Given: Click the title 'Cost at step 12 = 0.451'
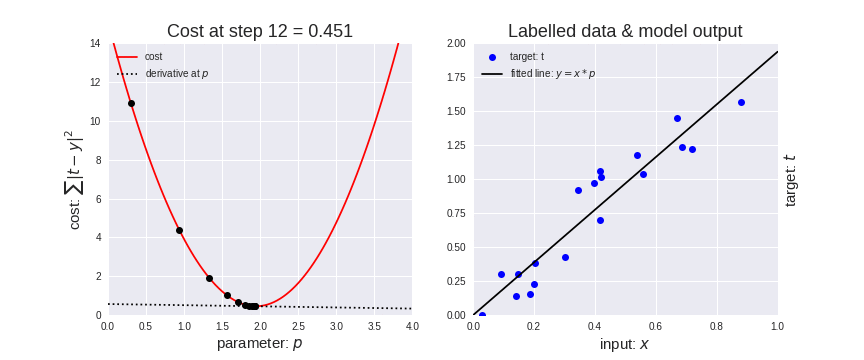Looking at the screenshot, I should click(259, 31).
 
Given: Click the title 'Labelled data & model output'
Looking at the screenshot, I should click(625, 31).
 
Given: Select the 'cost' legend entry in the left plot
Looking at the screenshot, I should click(153, 57).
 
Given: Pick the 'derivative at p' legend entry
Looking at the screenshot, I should click(176, 74).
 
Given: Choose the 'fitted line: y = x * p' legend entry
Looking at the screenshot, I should click(552, 74).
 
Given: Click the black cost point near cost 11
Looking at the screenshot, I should click(131, 103).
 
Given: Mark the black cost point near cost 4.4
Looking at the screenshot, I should click(179, 230).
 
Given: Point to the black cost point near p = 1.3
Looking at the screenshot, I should click(209, 278).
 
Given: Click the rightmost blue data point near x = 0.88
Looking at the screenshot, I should click(741, 102).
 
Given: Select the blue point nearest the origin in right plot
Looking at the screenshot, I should click(482, 315).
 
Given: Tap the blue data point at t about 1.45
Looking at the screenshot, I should click(677, 118).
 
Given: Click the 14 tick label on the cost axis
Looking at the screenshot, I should click(95, 43).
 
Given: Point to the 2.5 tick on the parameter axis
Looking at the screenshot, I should click(298, 327).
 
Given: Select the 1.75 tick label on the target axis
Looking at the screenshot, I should click(455, 77).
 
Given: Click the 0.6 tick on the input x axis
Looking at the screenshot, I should click(656, 327).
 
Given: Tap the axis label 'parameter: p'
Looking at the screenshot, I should click(259, 344).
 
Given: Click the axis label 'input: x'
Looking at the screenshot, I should click(625, 344).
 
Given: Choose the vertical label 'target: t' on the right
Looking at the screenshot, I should click(790, 180).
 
